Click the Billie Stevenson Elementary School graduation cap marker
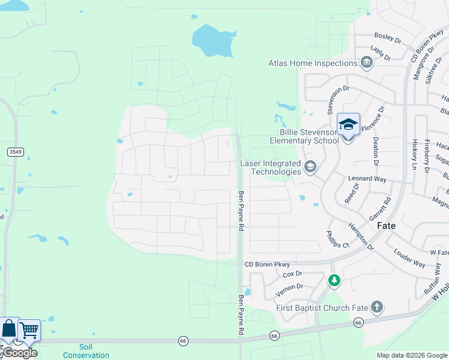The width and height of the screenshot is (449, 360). pos(348,125)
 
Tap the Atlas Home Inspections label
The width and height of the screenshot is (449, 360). pos(313,63)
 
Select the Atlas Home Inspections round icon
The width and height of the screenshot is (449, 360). pos(366,63)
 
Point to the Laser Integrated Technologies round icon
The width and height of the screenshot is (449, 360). pos(310,167)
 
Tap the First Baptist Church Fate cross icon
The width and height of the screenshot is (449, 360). pos(376,308)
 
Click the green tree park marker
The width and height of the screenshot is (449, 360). pos(334,280)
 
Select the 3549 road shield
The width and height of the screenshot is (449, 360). pos(16,152)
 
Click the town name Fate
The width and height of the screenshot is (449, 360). pos(386,226)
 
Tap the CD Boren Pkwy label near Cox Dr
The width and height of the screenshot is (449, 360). pos(267,264)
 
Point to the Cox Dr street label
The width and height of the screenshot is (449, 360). pos(292,274)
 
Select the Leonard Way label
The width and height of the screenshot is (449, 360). pos(367,179)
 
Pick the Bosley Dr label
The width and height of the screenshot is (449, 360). pos(387,38)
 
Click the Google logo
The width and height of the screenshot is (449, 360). pos(20,353)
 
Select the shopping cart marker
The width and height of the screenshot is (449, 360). pos(29,330)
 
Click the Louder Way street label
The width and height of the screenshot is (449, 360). pos(411,259)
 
